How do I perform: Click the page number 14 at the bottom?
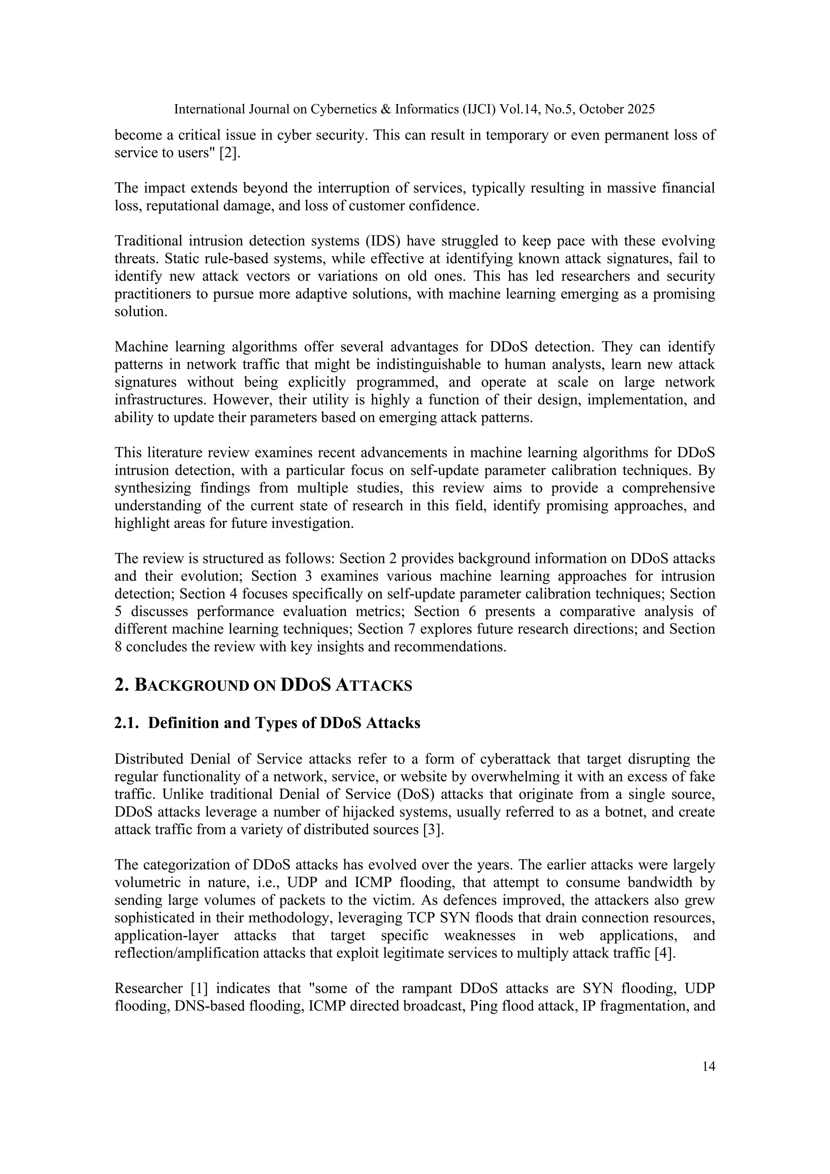coord(708,1066)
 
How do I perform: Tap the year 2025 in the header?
coord(640,109)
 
